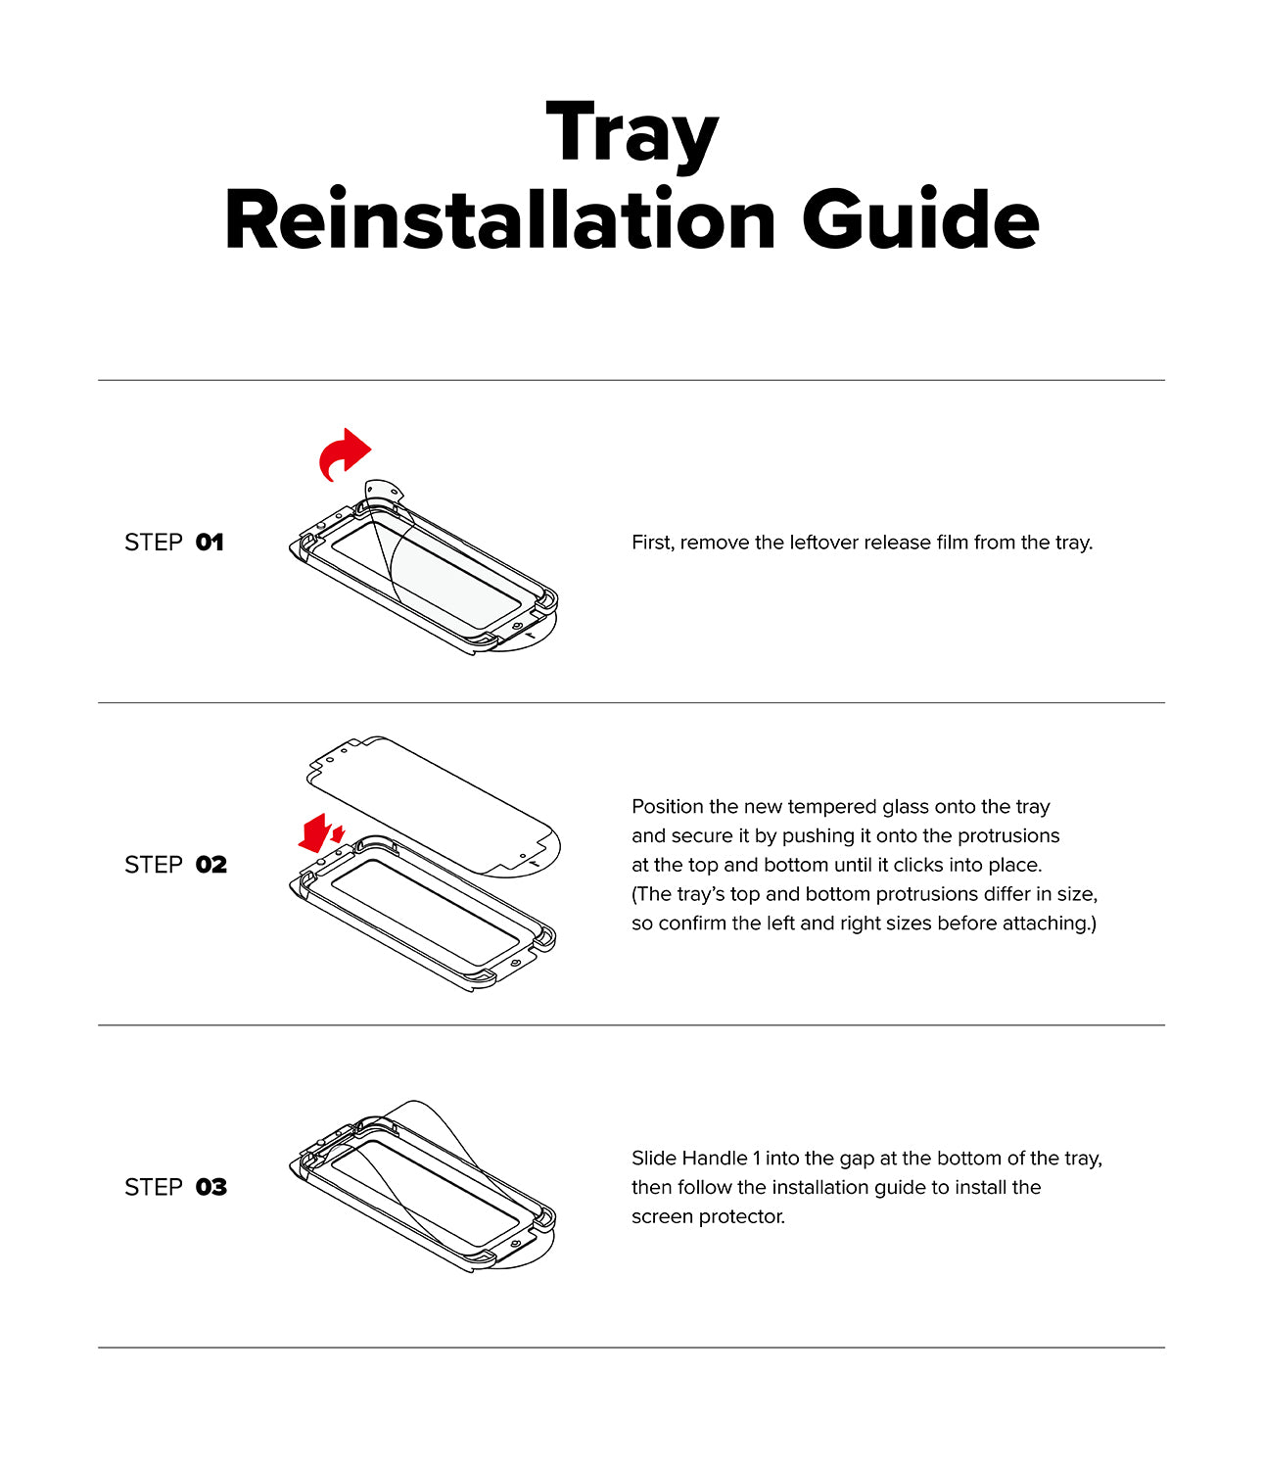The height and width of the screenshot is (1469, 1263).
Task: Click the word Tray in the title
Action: tap(631, 134)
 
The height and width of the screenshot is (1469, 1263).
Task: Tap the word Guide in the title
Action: tap(920, 220)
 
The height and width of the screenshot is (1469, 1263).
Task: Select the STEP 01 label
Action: tap(174, 543)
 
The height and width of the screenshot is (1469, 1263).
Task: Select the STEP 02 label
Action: tap(175, 865)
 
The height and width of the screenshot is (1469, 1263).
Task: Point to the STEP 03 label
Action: tap(175, 1187)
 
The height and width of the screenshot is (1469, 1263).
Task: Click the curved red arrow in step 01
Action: tap(344, 453)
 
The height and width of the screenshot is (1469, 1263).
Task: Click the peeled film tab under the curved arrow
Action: tap(383, 490)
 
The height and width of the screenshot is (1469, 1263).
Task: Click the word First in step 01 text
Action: tap(652, 543)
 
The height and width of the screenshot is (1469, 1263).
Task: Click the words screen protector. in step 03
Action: tap(708, 1216)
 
